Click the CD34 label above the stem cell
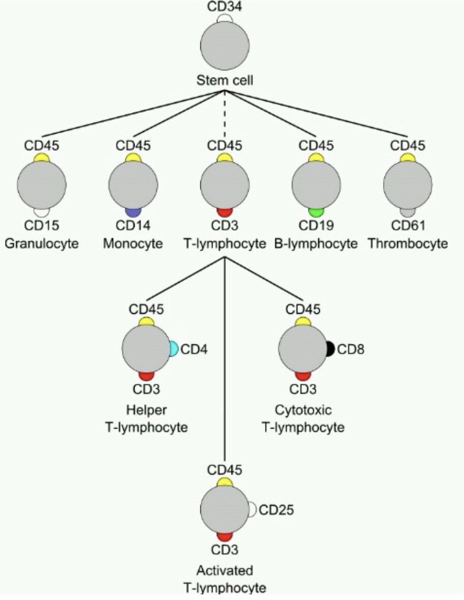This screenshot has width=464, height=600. coord(225,7)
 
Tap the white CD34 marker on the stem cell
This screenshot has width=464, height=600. coord(225,18)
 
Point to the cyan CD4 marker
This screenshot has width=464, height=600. coord(174,349)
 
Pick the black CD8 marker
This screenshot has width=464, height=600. coord(330,349)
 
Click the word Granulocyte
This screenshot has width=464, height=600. coord(42,244)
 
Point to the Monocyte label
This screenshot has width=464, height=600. coord(133,244)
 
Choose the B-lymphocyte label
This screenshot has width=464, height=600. coord(315,244)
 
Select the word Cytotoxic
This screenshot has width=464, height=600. coord(303,410)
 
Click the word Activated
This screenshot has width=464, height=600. coord(225,570)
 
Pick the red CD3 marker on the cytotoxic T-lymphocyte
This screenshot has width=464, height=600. coord(303,376)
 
